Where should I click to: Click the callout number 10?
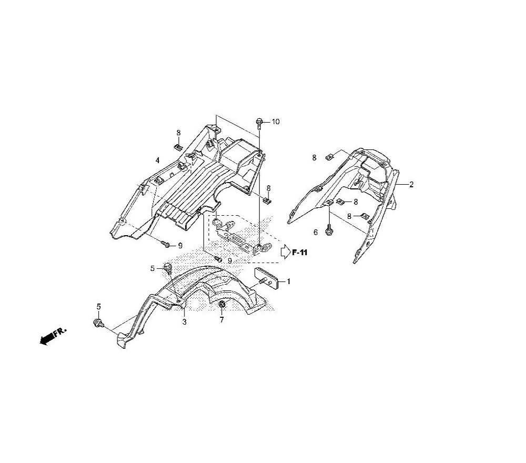point(276,122)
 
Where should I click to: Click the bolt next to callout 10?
point(259,124)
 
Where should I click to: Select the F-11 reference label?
point(300,253)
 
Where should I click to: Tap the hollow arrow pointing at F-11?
point(285,253)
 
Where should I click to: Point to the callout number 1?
point(288,281)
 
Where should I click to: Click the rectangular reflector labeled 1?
point(267,278)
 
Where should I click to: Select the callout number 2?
point(411,184)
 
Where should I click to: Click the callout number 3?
point(185,322)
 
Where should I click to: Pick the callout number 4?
point(157,160)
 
